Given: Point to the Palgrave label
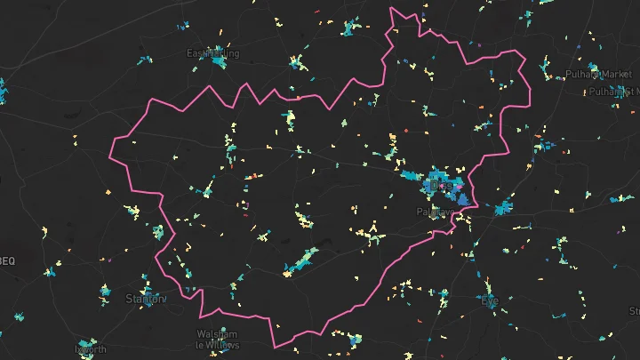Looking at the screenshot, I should click(x=435, y=212).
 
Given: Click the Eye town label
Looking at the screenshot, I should click(x=490, y=301).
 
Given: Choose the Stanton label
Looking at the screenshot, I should click(x=146, y=298).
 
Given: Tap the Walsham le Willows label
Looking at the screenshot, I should click(x=216, y=339).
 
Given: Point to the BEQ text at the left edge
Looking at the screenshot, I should click(x=7, y=260).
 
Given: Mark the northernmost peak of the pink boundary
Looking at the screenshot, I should click(x=392, y=8).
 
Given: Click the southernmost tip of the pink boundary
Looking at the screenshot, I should click(x=275, y=346).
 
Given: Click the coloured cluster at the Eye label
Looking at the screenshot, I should click(x=487, y=292).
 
